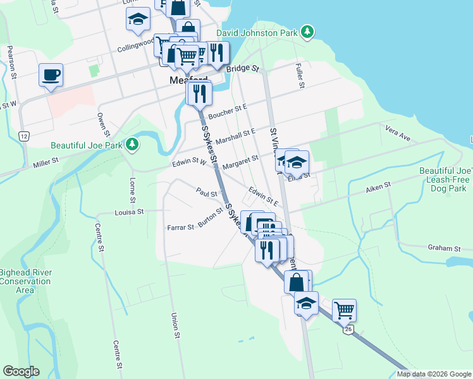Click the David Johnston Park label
[257, 32]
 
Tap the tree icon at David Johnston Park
[307, 32]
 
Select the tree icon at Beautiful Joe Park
[132, 145]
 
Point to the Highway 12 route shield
[24, 136]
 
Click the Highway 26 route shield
[347, 329]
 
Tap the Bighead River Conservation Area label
[25, 281]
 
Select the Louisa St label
[130, 212]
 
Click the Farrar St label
[180, 227]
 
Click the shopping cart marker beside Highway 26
[343, 310]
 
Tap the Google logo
[21, 371]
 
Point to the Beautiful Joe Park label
[87, 145]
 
